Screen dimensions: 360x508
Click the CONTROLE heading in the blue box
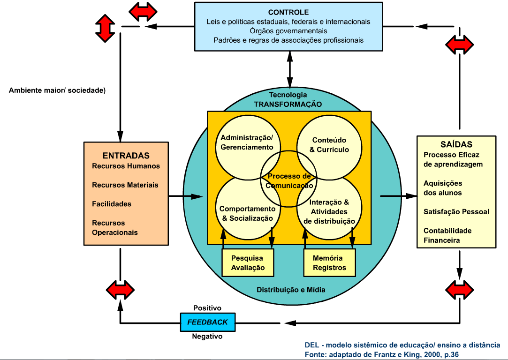coord(288,12)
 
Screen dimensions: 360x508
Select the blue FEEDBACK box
coord(207,322)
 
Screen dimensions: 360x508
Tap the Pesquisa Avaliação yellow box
coord(248,263)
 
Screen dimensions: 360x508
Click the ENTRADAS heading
coord(126,156)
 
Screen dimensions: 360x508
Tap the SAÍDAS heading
coord(456,144)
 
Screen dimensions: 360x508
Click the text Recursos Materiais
coord(125,185)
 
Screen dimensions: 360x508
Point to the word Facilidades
coord(112,204)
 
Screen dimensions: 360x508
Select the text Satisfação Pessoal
coord(456,212)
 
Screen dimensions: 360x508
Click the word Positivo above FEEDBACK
coord(207,308)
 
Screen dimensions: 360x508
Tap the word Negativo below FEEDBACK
coord(207,336)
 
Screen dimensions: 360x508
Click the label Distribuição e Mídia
coord(291,290)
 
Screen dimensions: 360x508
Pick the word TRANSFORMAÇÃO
coord(288,104)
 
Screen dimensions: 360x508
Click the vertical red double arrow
coord(105,27)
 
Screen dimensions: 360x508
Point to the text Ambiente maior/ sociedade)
coord(57,90)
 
